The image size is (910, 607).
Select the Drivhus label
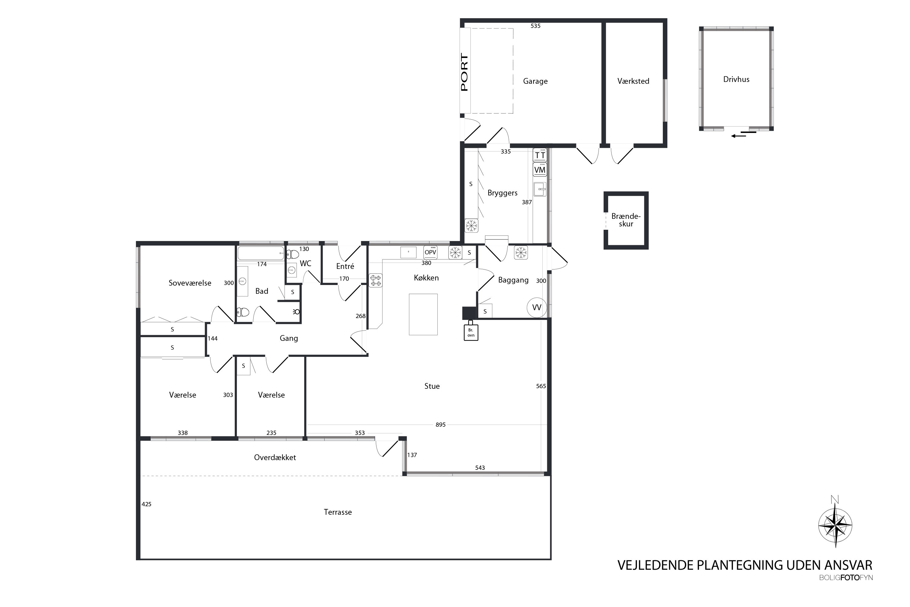pos(736,79)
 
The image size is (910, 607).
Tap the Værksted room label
pos(633,81)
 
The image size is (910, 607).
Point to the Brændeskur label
pos(626,220)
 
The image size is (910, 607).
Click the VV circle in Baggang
pos(537,307)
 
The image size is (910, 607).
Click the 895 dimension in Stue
pos(440,425)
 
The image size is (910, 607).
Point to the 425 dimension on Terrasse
pos(146,504)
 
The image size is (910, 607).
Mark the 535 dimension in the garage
pos(535,26)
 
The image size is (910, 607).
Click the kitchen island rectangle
pos(423,314)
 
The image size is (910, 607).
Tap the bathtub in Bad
pos(261,253)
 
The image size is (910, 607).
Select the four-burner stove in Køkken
pos(375,280)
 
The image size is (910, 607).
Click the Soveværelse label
pos(190,283)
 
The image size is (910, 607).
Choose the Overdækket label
pos(275,458)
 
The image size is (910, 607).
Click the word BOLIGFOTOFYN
pos(846,578)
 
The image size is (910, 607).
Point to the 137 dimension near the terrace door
pos(412,455)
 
